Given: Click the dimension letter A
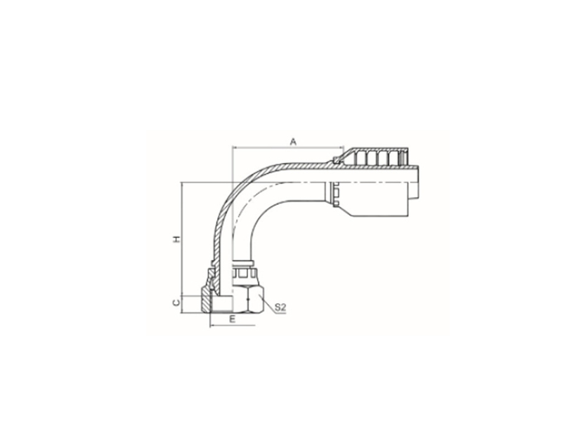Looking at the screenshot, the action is pyautogui.click(x=294, y=142).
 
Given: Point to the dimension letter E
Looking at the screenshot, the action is pyautogui.click(x=233, y=319).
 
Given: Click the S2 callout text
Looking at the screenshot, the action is pyautogui.click(x=280, y=307).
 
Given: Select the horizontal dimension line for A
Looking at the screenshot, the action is pyautogui.click(x=287, y=147).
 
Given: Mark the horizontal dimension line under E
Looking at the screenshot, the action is pyautogui.click(x=233, y=326).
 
